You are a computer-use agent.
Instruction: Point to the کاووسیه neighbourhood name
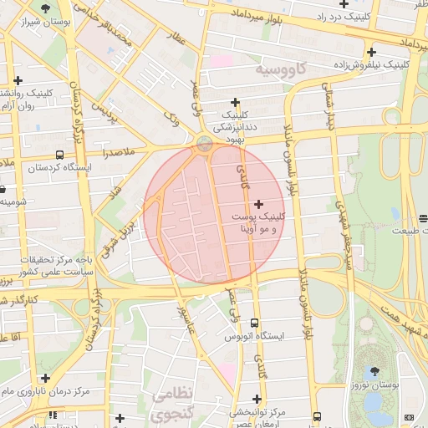[282, 67]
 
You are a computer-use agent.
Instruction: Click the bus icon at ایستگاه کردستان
[59, 155]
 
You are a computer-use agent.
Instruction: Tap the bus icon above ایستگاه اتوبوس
[254, 323]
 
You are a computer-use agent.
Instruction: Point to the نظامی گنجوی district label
[171, 402]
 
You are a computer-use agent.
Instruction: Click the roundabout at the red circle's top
[205, 143]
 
